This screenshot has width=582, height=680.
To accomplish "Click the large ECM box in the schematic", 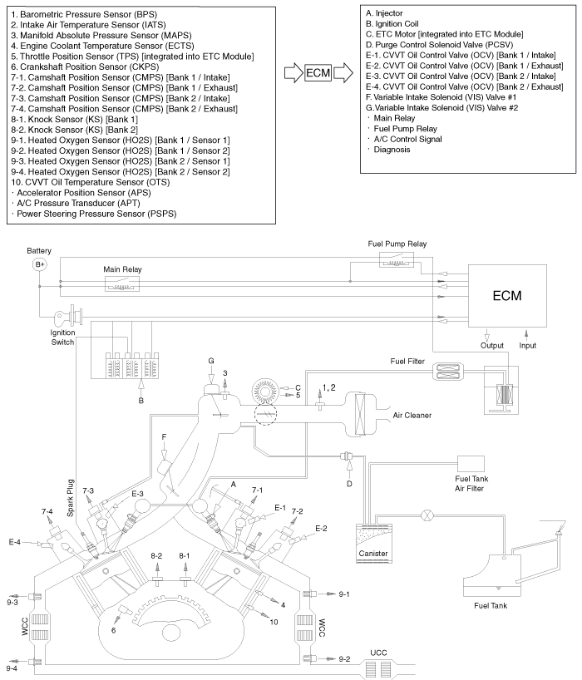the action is click(507, 295).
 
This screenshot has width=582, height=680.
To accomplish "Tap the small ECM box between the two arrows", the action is click(318, 73).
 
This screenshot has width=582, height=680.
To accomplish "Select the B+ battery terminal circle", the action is click(39, 264).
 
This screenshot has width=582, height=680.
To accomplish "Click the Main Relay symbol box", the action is click(122, 284).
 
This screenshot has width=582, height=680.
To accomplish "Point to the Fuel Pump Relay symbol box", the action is click(397, 259).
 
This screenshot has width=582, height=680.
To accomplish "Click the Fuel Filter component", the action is click(448, 372).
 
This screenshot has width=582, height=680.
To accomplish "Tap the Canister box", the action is click(373, 544).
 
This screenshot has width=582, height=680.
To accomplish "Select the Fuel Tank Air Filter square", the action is click(471, 464).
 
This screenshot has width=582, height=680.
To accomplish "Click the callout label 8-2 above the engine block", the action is click(156, 555).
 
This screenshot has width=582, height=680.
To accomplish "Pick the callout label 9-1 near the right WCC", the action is click(344, 594).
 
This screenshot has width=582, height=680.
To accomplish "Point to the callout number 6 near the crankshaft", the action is click(114, 630).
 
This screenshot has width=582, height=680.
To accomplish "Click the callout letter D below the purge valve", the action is click(349, 484).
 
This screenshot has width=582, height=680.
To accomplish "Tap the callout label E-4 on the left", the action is click(14, 542).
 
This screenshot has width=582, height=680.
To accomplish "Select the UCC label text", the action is click(378, 653).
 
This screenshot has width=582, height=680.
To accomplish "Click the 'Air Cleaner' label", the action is click(412, 415).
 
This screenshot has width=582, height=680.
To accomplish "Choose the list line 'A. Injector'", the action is click(384, 13).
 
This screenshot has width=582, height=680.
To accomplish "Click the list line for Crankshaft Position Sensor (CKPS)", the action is click(85, 67).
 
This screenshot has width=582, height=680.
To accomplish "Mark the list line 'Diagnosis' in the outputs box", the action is click(388, 150).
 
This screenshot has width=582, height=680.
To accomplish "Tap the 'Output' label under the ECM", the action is click(492, 346).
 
